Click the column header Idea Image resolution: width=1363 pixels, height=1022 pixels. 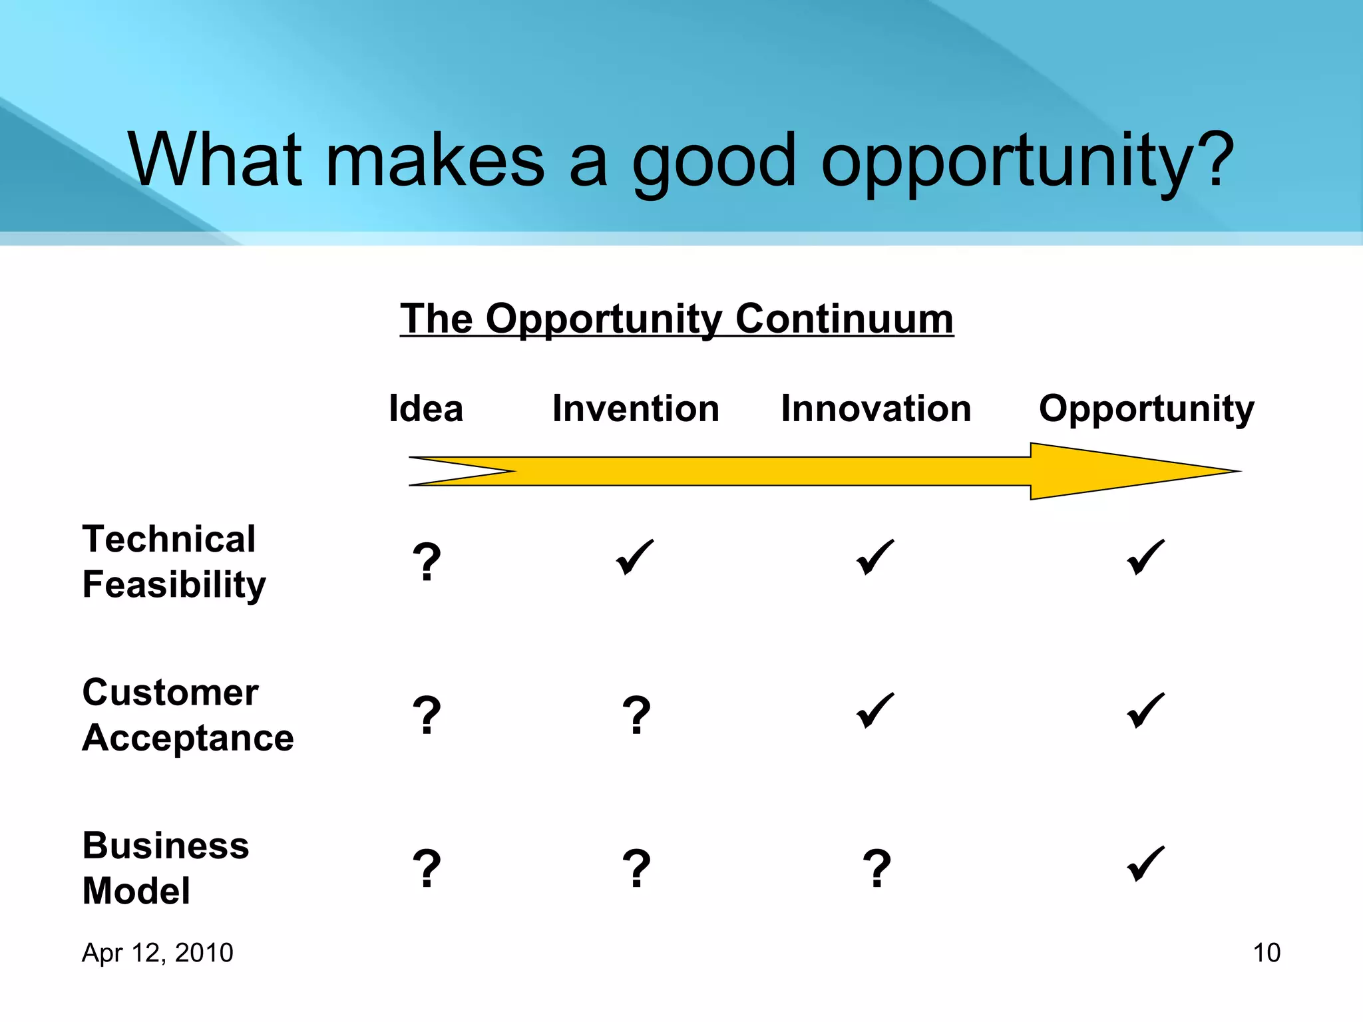coord(426,409)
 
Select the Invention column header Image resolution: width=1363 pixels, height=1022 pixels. coord(636,409)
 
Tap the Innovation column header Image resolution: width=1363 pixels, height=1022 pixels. coord(876,409)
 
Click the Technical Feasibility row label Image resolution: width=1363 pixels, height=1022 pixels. coord(174,562)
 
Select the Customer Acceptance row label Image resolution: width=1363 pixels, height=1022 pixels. coord(188,715)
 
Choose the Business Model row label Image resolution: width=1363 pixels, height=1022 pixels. coord(166,868)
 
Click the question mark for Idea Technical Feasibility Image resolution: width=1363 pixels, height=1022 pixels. coord(427,562)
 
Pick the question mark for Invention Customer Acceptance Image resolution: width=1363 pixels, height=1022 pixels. coord(636,716)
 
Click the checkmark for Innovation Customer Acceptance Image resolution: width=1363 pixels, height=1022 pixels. coord(875,711)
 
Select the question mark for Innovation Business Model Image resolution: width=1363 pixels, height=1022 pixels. coord(876,869)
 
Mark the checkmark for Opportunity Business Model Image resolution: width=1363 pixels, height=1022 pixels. coord(1145,864)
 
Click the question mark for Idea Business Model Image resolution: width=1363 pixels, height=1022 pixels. coord(427,869)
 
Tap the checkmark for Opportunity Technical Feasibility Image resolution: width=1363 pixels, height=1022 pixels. coord(1145,558)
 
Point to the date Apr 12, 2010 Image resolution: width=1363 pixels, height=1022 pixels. coord(157,953)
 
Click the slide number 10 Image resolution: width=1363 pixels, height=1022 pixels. coord(1266,953)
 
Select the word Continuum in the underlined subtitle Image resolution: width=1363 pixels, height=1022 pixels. coord(844,319)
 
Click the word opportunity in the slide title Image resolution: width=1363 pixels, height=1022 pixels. coord(1027,161)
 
